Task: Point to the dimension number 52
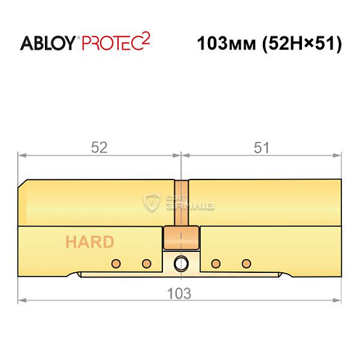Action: (x=99, y=147)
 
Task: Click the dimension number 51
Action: (x=261, y=147)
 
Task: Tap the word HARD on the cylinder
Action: (x=89, y=242)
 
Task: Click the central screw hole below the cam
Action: (x=180, y=263)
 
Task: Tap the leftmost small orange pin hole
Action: (x=114, y=262)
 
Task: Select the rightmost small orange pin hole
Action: (x=246, y=262)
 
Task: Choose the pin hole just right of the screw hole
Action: (x=214, y=262)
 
